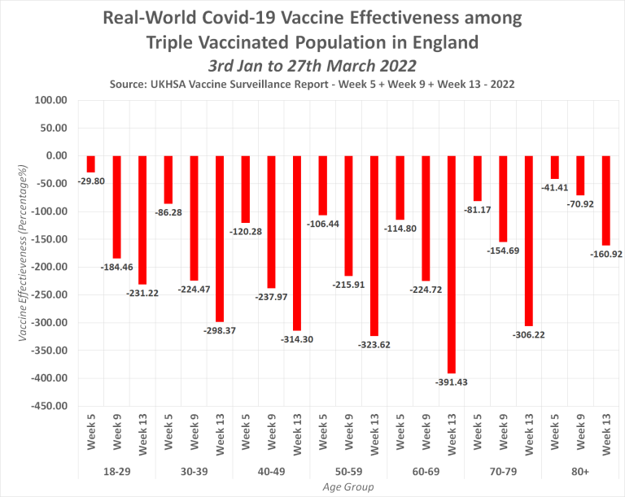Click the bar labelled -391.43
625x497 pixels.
tap(452, 264)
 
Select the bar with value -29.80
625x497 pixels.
tap(91, 163)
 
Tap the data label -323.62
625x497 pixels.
tap(374, 345)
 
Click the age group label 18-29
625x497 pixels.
tap(116, 470)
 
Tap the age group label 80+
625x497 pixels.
tap(579, 470)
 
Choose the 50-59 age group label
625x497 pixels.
tap(348, 470)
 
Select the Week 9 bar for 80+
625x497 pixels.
tap(580, 175)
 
